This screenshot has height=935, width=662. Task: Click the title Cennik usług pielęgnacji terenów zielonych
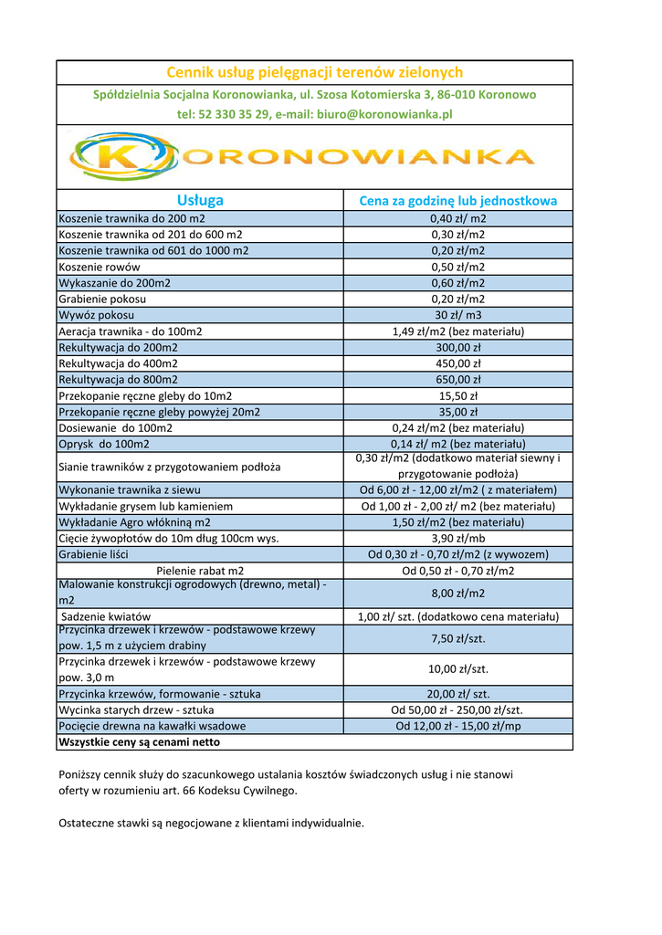pyautogui.click(x=314, y=72)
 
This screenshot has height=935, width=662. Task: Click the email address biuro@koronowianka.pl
pyautogui.click(x=384, y=114)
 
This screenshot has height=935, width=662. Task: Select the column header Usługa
pyautogui.click(x=200, y=201)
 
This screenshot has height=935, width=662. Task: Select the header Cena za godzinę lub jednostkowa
pyautogui.click(x=457, y=201)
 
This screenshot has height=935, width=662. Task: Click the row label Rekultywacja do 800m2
pyautogui.click(x=119, y=379)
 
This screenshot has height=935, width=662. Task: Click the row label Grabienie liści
pyautogui.click(x=94, y=554)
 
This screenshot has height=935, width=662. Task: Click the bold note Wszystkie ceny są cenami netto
pyautogui.click(x=139, y=742)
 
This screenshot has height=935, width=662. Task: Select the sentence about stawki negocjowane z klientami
pyautogui.click(x=211, y=823)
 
